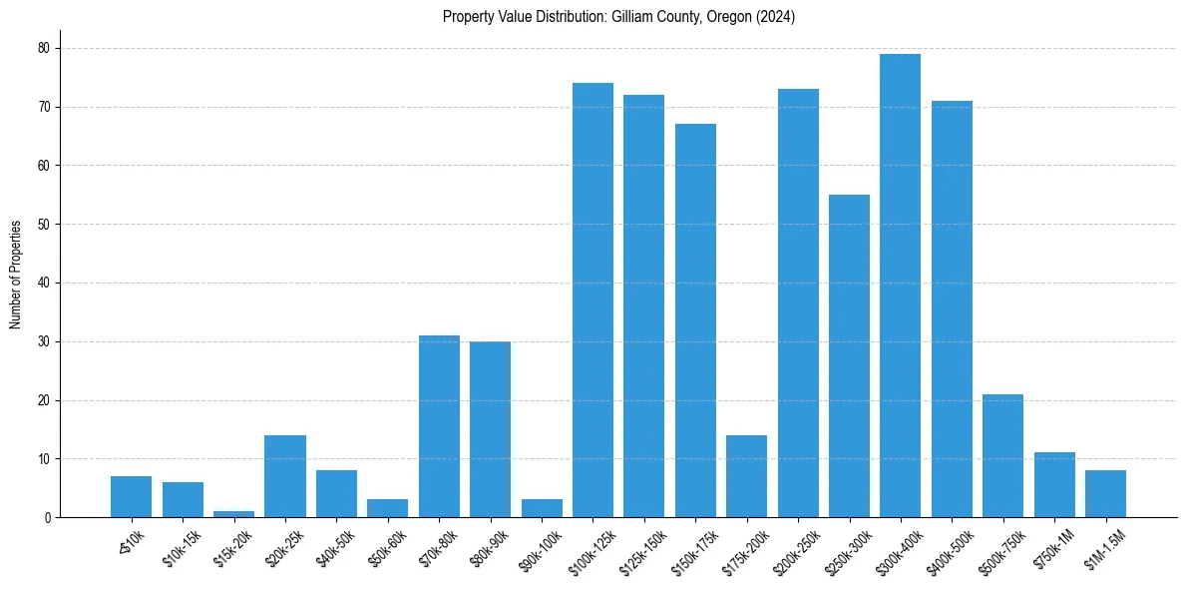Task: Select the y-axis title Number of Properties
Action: [x=16, y=275]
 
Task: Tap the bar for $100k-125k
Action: [x=593, y=300]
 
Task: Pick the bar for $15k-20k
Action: [x=233, y=514]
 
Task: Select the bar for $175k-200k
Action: [x=746, y=476]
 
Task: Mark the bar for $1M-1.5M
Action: [x=1105, y=494]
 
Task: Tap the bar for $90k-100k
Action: [x=542, y=508]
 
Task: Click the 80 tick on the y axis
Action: [x=44, y=48]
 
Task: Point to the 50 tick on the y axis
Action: [x=44, y=225]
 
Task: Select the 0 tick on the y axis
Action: [x=47, y=518]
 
